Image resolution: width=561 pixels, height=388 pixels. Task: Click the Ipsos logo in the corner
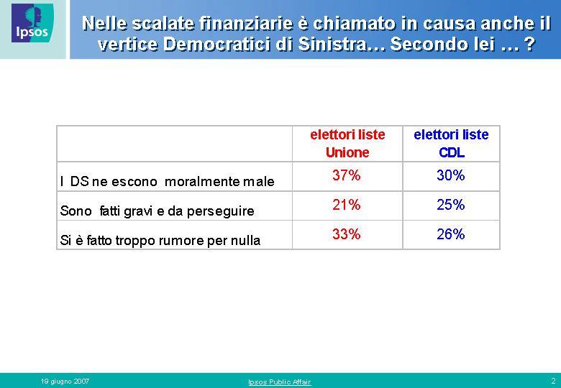32,23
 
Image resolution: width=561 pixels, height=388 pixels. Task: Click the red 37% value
347,175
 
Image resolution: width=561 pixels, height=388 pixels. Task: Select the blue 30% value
451,175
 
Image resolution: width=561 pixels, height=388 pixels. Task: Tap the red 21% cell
347,205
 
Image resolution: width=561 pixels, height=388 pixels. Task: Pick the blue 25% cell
451,205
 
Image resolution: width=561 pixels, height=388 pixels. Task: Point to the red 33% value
347,234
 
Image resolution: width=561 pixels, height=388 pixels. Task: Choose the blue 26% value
451,234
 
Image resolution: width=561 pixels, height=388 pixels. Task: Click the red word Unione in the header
347,152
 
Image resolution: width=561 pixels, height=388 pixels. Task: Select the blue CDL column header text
452,152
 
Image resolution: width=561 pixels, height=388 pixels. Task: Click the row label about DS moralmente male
167,182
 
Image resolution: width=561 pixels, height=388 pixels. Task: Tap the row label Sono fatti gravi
157,211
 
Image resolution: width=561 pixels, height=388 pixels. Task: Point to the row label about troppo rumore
160,240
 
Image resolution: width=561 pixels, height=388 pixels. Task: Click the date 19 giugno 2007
65,382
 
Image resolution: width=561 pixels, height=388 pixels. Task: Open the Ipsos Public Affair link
280,382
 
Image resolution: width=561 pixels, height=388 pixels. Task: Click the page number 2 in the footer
553,381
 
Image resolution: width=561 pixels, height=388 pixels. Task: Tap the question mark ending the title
530,45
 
